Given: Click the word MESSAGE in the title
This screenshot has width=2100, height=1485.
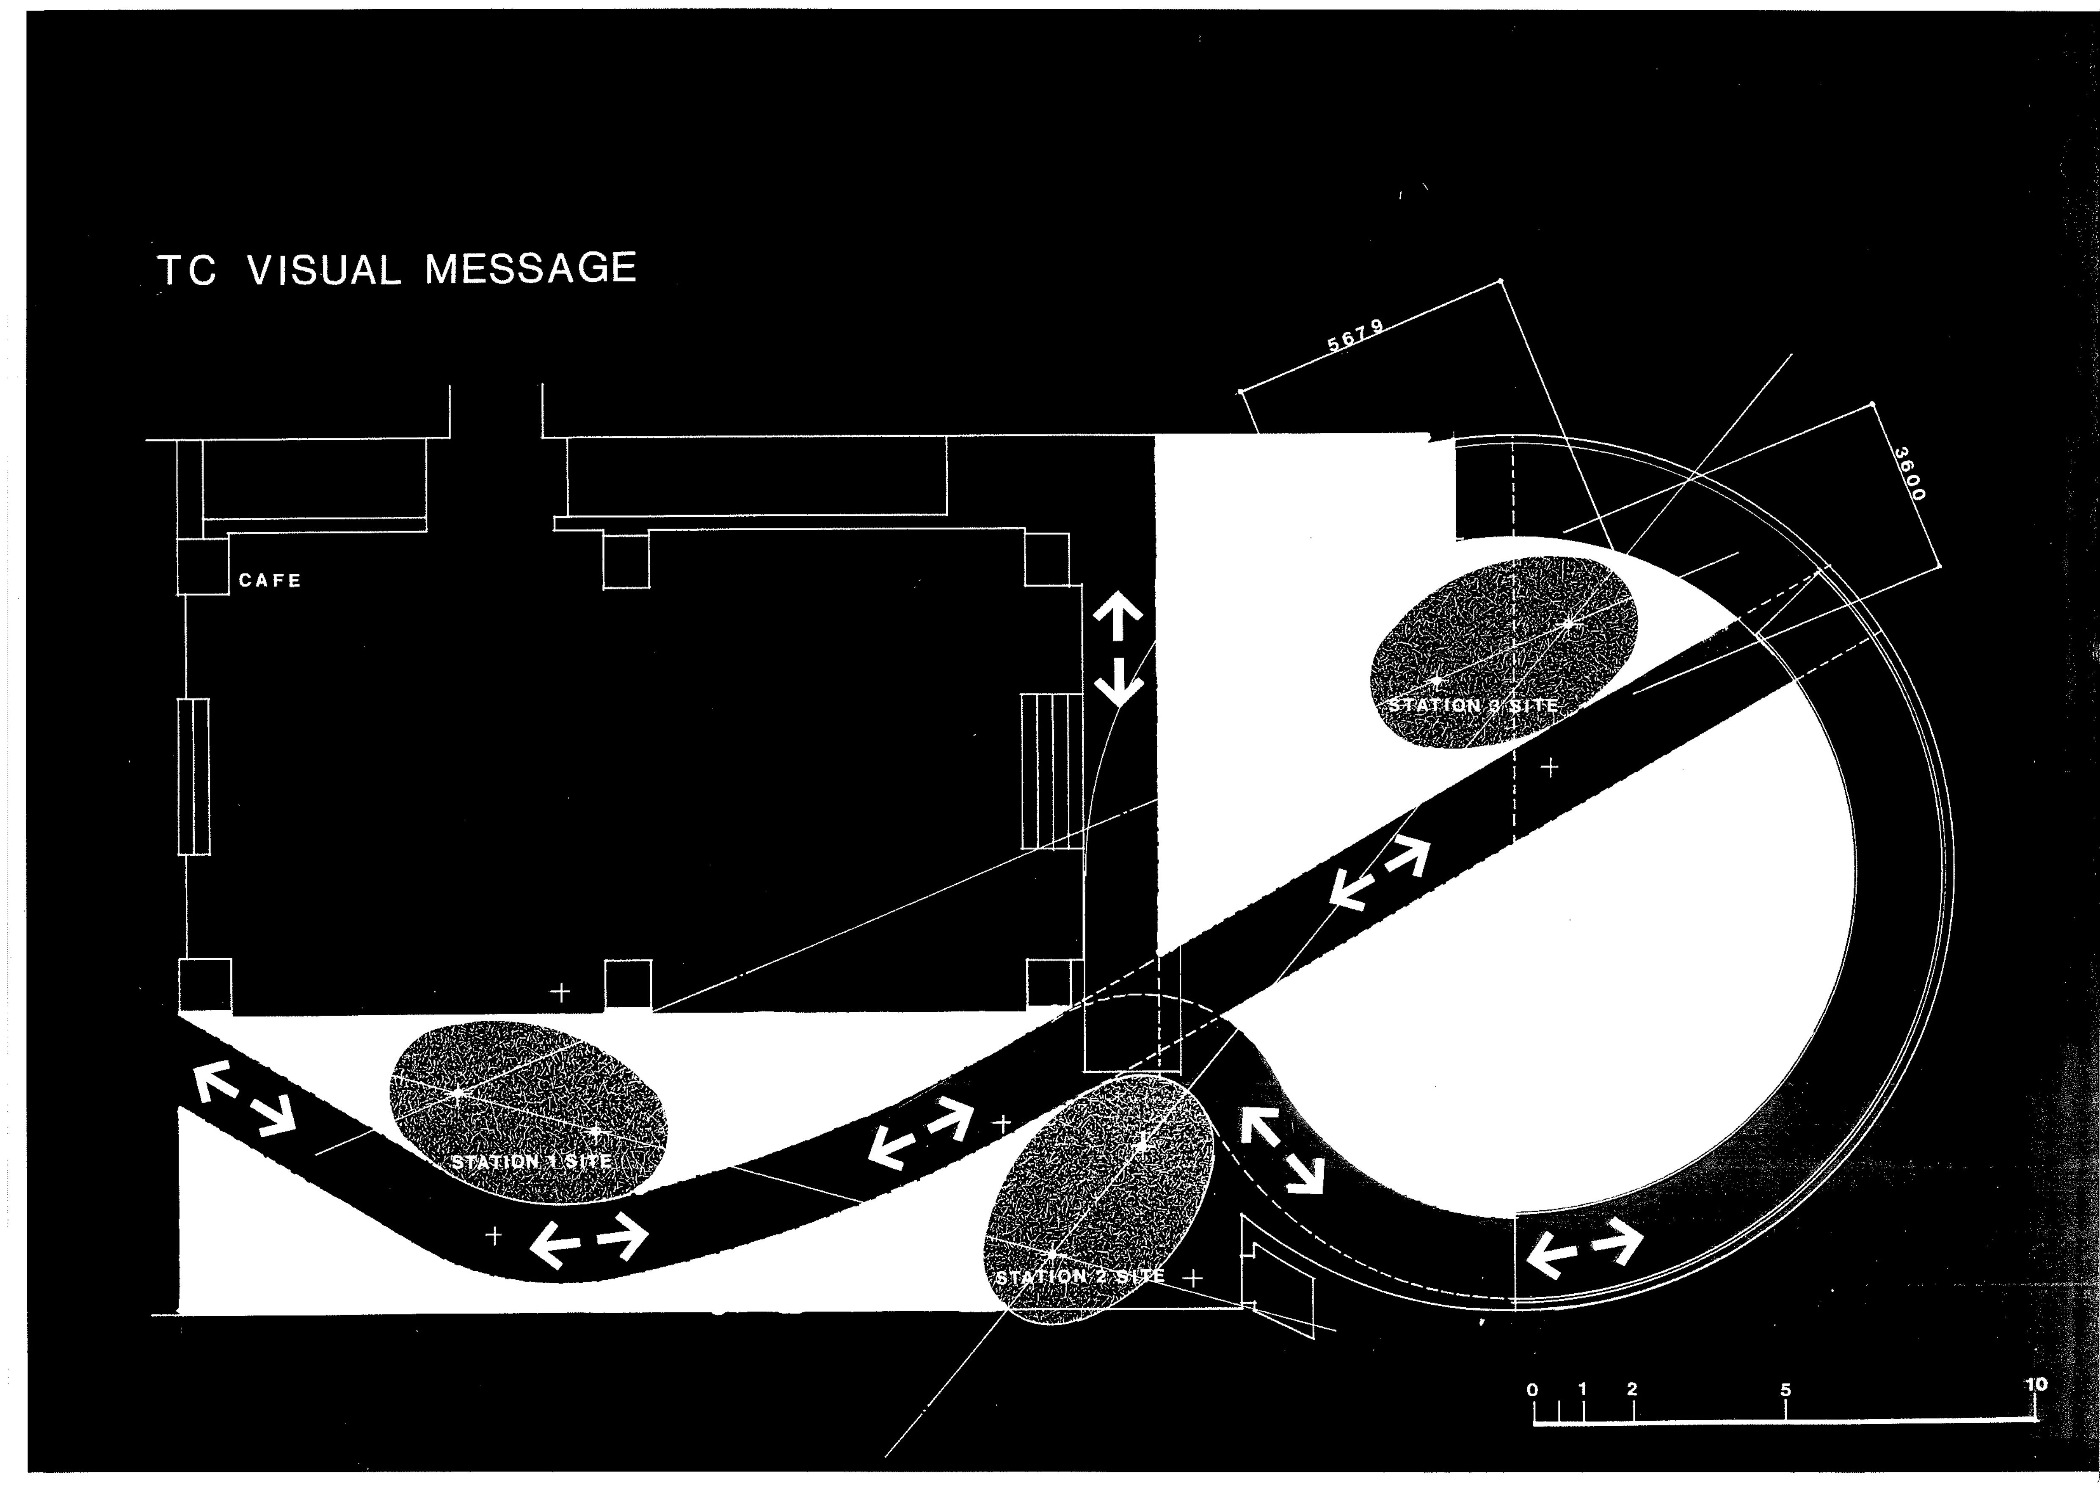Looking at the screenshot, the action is coord(530,269).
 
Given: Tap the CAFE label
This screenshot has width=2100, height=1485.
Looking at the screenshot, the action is coord(270,581).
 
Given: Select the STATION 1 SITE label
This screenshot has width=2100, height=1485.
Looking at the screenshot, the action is coord(531,1161).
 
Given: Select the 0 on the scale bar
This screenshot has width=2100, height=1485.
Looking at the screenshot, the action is coord(1533,1390).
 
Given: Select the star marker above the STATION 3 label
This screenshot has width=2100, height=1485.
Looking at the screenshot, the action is coord(1570,625).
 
